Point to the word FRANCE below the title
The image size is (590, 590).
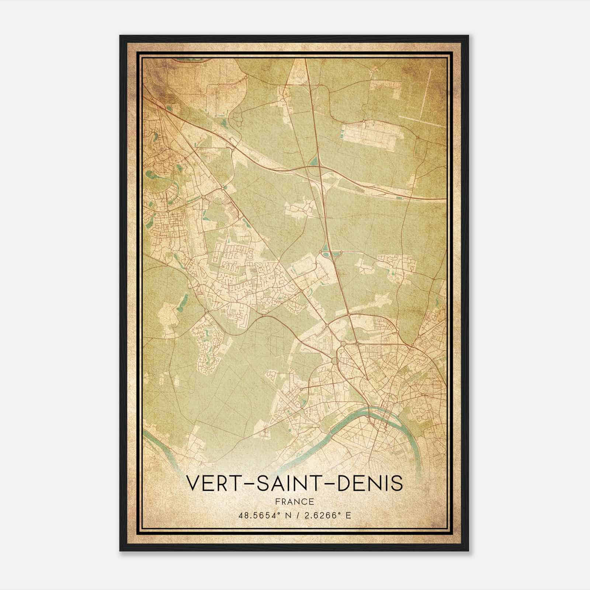click(294, 502)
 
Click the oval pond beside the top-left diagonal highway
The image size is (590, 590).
click(169, 108)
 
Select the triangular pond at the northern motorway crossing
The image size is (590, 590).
click(314, 161)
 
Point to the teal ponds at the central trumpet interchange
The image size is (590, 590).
click(326, 254)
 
